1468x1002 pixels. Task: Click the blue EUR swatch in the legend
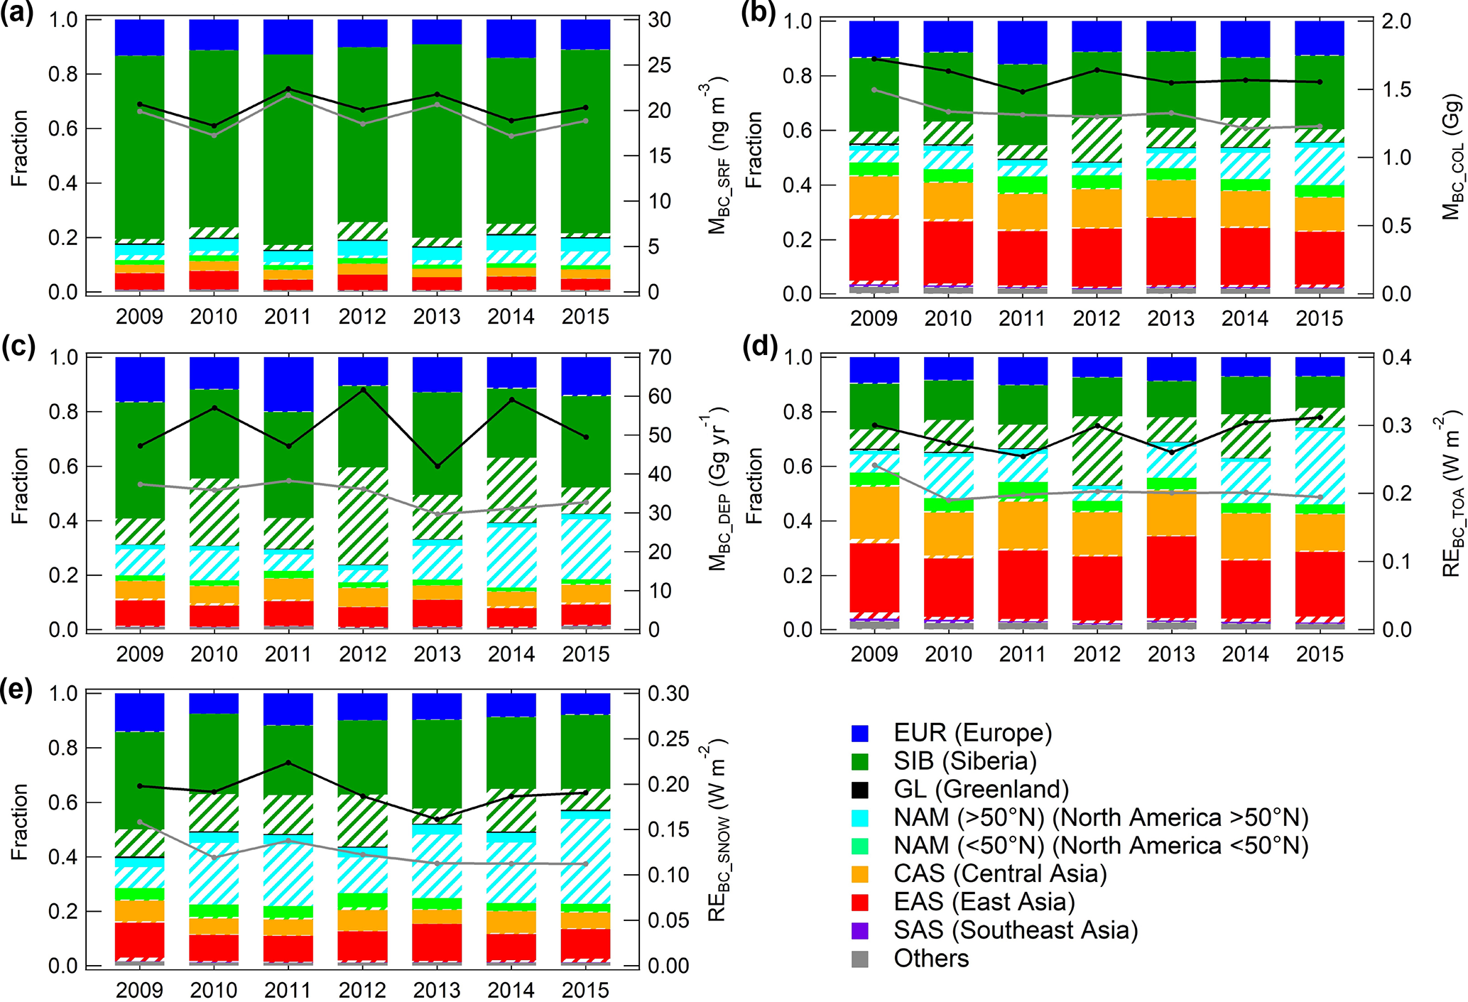pyautogui.click(x=859, y=734)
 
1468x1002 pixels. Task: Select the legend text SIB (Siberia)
pyautogui.click(x=964, y=761)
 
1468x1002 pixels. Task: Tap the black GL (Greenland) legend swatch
pyautogui.click(x=859, y=790)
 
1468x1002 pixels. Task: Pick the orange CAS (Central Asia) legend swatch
pyautogui.click(x=859, y=873)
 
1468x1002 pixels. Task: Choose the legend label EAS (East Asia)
pyautogui.click(x=984, y=902)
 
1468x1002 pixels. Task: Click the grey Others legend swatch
pyautogui.click(x=859, y=959)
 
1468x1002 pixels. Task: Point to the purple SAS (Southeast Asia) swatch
pyautogui.click(x=859, y=930)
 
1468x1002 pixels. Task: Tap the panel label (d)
pyautogui.click(x=759, y=348)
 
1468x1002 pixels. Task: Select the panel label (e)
pyautogui.click(x=17, y=689)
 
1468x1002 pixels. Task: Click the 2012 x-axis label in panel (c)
pyautogui.click(x=362, y=653)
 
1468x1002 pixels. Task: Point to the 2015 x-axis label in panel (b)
pyautogui.click(x=1320, y=317)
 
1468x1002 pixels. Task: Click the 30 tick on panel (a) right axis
pyautogui.click(x=659, y=20)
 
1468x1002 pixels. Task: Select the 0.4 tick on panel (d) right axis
pyautogui.click(x=1396, y=357)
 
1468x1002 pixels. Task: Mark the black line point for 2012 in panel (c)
pyautogui.click(x=363, y=390)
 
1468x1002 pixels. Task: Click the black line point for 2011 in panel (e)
pyautogui.click(x=288, y=763)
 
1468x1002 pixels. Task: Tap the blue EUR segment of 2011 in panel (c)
pyautogui.click(x=288, y=383)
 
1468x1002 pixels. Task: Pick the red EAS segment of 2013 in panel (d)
pyautogui.click(x=1171, y=576)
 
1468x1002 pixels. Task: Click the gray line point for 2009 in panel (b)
pyautogui.click(x=874, y=89)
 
